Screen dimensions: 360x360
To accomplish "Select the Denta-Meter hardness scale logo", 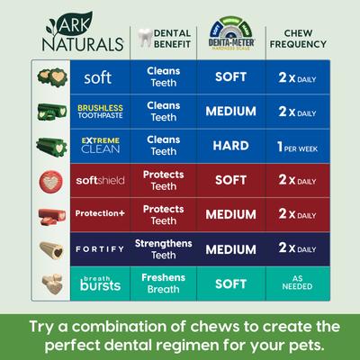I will click(230, 34).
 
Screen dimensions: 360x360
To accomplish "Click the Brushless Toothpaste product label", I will click(97, 112).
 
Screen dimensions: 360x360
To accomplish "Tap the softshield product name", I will click(97, 180).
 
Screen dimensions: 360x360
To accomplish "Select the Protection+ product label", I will click(97, 214).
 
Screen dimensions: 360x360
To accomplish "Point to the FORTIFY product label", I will click(97, 247).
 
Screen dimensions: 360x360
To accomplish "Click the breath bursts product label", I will click(97, 282).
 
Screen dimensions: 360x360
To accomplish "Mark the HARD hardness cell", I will click(230, 146).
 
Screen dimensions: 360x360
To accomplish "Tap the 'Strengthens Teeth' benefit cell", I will click(163, 247).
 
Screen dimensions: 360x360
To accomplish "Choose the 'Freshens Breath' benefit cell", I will click(163, 282).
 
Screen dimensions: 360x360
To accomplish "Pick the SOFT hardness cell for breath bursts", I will click(230, 282).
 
